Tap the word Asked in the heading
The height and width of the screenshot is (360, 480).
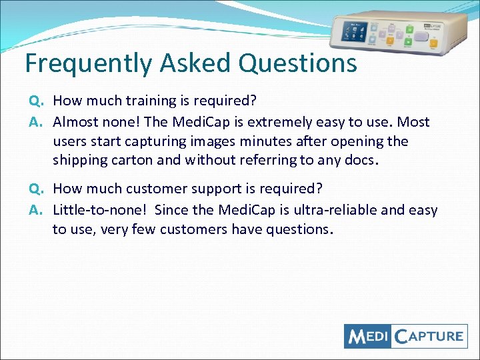point(193,63)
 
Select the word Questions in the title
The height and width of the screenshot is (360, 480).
point(297,63)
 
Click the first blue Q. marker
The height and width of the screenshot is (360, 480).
point(36,101)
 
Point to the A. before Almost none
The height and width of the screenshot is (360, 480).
point(36,122)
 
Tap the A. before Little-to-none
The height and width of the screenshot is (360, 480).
point(36,210)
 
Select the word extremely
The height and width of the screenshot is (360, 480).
point(281,122)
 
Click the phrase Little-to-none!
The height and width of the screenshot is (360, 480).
point(99,210)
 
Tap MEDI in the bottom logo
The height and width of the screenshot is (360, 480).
point(367,336)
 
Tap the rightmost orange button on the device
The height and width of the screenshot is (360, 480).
point(433,45)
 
